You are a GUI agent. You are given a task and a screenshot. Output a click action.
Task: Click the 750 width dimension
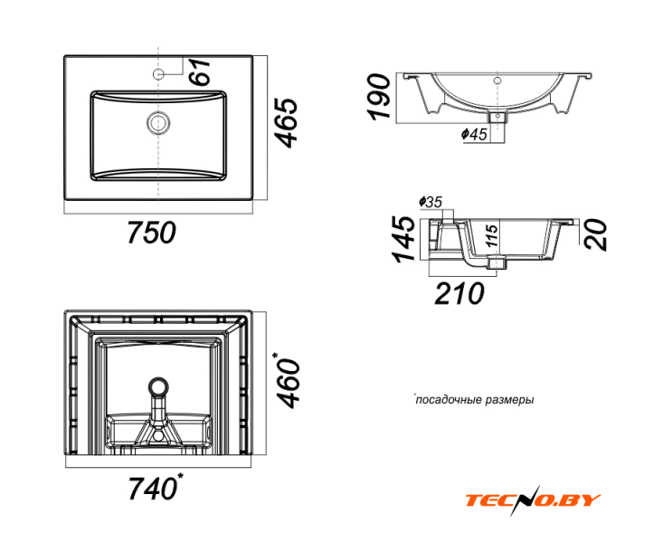tap(151, 233)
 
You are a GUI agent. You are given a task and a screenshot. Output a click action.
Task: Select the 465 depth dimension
tap(285, 123)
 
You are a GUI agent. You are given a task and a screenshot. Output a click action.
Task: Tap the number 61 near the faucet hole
tap(199, 71)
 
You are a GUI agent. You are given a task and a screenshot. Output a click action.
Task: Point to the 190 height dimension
tap(378, 97)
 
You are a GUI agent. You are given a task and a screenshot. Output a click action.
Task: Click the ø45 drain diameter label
tap(474, 134)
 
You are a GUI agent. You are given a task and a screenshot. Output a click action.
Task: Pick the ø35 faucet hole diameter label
tap(431, 202)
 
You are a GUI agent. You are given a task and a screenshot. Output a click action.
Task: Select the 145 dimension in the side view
tap(403, 239)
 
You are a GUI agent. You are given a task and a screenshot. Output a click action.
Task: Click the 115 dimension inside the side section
tap(491, 236)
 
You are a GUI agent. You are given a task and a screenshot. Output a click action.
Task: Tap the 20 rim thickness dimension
tap(595, 235)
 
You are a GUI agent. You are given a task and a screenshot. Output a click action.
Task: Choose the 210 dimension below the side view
tap(459, 293)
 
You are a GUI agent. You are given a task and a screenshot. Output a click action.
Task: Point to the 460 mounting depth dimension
tap(288, 380)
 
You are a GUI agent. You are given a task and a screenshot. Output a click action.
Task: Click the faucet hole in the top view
tap(158, 74)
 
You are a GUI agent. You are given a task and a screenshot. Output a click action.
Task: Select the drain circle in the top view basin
tap(158, 123)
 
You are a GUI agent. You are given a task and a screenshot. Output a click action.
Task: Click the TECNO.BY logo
tap(533, 500)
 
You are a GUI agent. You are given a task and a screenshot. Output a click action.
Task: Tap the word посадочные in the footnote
tap(449, 400)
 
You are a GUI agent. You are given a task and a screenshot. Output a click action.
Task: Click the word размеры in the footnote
tap(510, 400)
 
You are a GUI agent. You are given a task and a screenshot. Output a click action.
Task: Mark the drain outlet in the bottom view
tap(158, 387)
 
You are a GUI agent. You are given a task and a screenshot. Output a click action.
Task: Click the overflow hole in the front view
tap(497, 81)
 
